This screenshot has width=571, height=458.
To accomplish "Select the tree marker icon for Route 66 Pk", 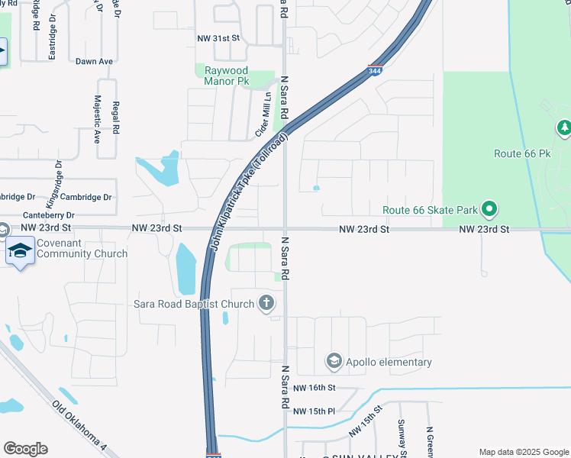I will pyautogui.click(x=564, y=127).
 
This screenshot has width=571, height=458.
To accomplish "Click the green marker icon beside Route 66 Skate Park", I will pyautogui.click(x=490, y=208).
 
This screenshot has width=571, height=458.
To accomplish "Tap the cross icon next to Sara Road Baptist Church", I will pyautogui.click(x=266, y=304).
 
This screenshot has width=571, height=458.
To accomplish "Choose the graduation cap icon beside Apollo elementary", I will pyautogui.click(x=334, y=361).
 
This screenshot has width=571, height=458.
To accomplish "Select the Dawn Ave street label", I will pyautogui.click(x=94, y=60).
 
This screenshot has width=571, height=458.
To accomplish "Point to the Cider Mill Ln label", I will pyautogui.click(x=262, y=115).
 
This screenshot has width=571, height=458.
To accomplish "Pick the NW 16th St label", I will pyautogui.click(x=314, y=388).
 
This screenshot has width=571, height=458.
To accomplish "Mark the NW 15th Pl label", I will pyautogui.click(x=314, y=411).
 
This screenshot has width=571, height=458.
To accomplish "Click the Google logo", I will pyautogui.click(x=25, y=449).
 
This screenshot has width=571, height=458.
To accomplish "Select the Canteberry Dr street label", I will pyautogui.click(x=49, y=215).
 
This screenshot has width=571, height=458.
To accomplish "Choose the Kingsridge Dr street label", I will pyautogui.click(x=54, y=185).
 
